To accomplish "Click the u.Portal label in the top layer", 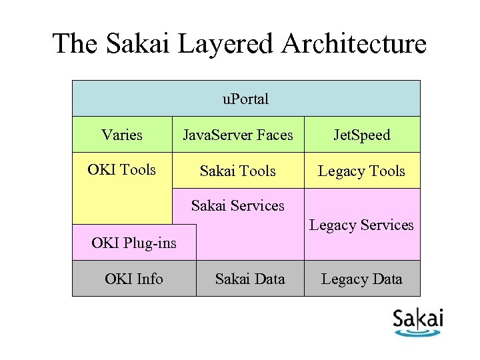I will pos(245,99).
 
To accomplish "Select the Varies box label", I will pos(122,135).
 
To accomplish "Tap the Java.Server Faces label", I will pos(238,135).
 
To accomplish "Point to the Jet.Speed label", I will pos(362,135).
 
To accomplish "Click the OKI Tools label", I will pos(121,169).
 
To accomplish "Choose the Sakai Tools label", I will pos(238,171).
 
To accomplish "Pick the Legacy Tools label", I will pos(361,171).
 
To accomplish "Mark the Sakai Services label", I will pos(237,205).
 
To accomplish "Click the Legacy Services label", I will pos(361,225).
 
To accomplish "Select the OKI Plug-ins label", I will pos(134,243).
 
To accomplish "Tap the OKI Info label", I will pos(134,279).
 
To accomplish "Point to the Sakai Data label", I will pos(250,279).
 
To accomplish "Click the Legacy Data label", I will pos(361,279).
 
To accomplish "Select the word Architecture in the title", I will pos(353,44).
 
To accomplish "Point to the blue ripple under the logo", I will pos(418,331).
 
